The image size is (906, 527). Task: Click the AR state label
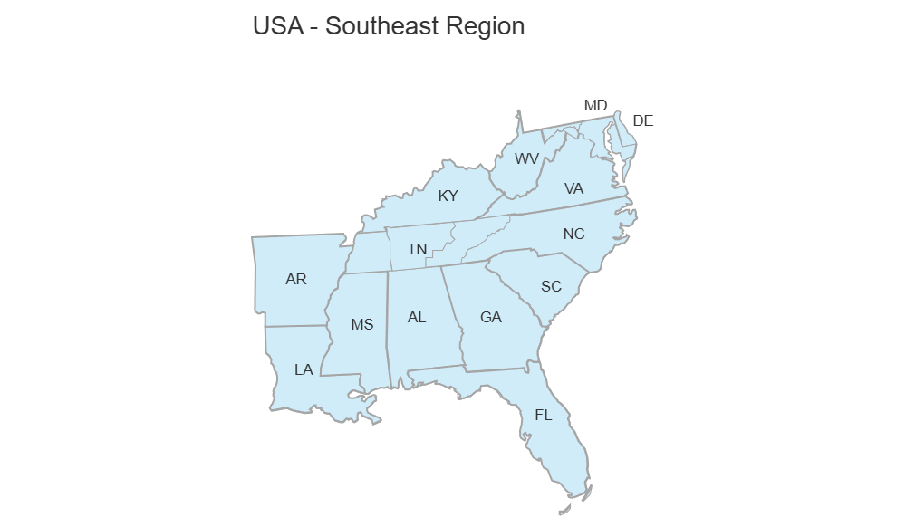point(296,279)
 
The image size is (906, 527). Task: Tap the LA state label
point(304,369)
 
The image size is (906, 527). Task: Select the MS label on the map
point(361,324)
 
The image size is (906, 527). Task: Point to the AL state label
point(417,317)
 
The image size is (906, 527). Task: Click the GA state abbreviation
point(491,317)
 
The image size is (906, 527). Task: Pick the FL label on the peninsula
point(544,416)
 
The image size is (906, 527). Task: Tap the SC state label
point(551,286)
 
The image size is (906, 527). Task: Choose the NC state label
point(573,234)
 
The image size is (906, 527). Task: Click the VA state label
point(573,188)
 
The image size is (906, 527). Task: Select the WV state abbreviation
point(526,158)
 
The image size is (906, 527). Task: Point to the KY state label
point(448,196)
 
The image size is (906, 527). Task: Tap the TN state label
point(417,249)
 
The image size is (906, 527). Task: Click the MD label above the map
point(595,106)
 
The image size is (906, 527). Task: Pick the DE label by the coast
point(643,120)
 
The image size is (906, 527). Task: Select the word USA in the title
point(278,25)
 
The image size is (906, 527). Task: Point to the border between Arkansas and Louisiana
point(294,325)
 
